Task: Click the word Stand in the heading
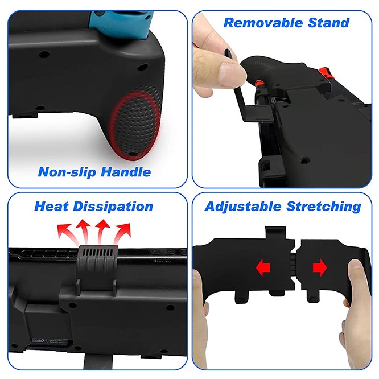327,23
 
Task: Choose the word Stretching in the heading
326,206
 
